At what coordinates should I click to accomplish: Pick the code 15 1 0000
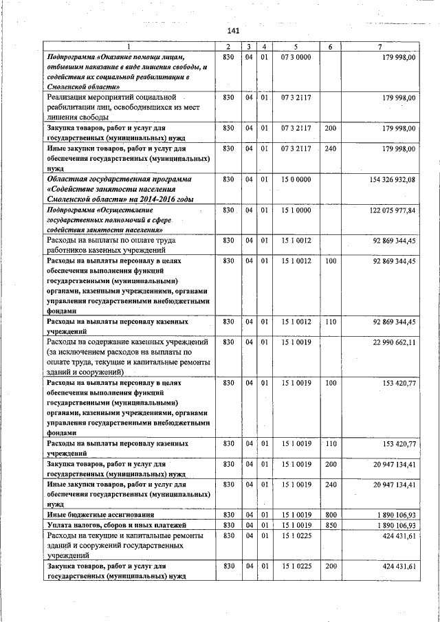point(296,210)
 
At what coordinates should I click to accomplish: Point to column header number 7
point(380,47)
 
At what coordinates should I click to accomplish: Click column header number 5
point(296,47)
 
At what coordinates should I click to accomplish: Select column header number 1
point(127,47)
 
